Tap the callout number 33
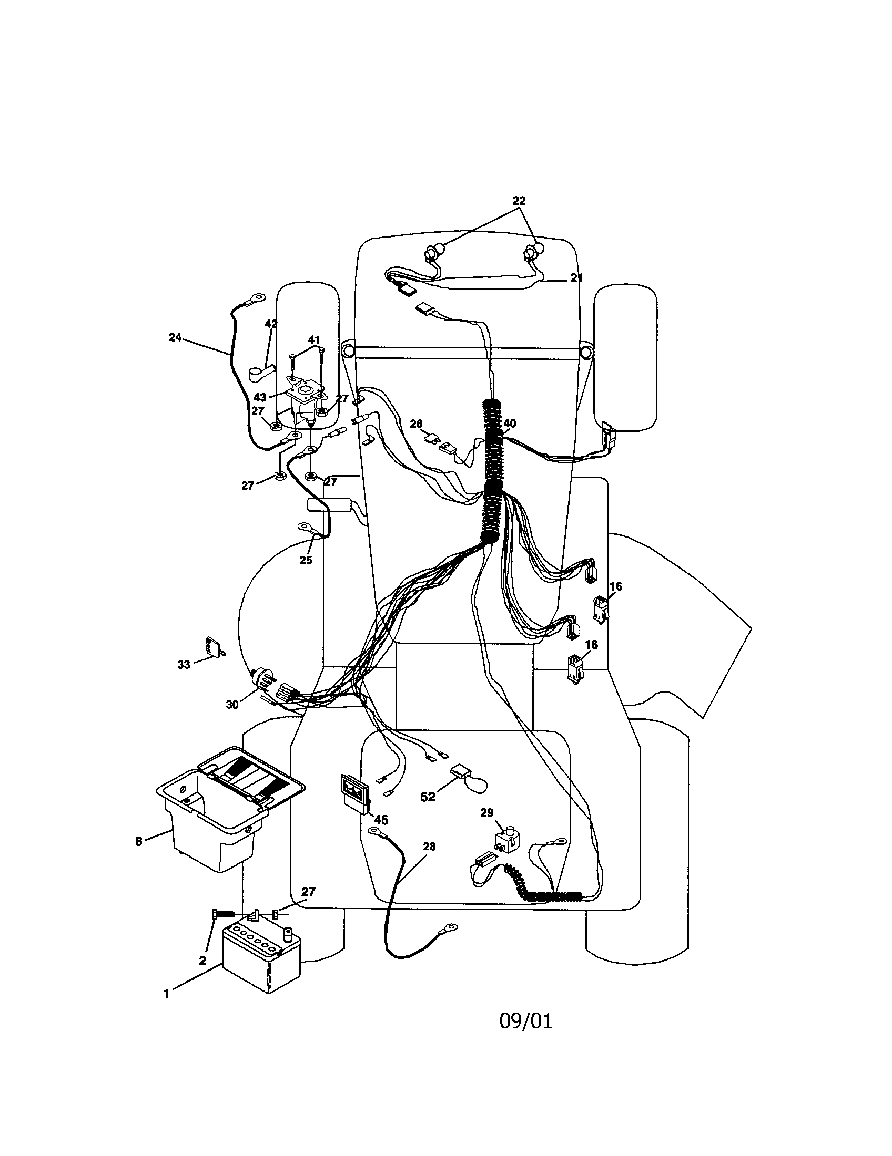click(x=183, y=665)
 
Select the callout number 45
click(x=381, y=820)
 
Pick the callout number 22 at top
click(x=519, y=201)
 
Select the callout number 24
click(x=175, y=337)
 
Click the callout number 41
click(x=314, y=339)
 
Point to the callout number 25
click(x=306, y=560)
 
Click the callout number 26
click(x=417, y=424)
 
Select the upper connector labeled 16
click(x=601, y=607)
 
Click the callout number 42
click(x=271, y=324)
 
